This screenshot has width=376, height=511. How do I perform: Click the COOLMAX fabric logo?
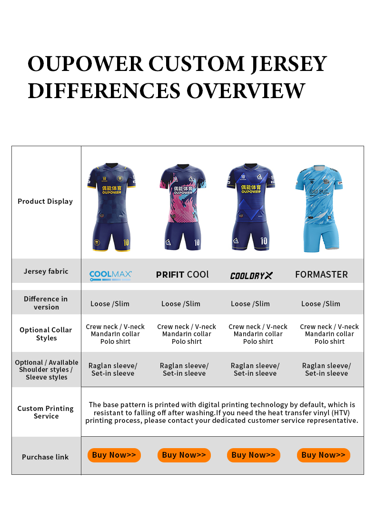click(x=111, y=275)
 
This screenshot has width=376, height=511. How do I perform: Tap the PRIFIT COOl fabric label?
click(x=182, y=275)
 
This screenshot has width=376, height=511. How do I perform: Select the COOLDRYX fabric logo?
click(x=251, y=275)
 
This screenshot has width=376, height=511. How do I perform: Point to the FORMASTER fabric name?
click(x=321, y=274)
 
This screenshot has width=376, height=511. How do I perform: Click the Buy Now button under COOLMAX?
click(x=114, y=455)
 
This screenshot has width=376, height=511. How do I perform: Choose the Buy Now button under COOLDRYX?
click(x=254, y=455)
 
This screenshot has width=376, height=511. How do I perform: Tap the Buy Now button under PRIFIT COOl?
click(x=184, y=455)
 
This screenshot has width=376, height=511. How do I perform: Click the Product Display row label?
click(x=45, y=201)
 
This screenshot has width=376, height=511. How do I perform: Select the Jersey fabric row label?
click(x=46, y=271)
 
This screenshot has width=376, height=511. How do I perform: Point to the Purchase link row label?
click(x=45, y=457)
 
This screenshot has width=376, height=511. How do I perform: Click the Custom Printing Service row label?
click(x=46, y=412)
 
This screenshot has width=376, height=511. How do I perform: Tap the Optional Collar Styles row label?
click(x=46, y=334)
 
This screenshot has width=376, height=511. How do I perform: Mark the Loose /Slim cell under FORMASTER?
click(x=321, y=304)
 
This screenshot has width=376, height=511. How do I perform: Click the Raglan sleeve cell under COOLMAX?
click(x=113, y=370)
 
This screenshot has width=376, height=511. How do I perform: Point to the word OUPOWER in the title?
click(x=85, y=64)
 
